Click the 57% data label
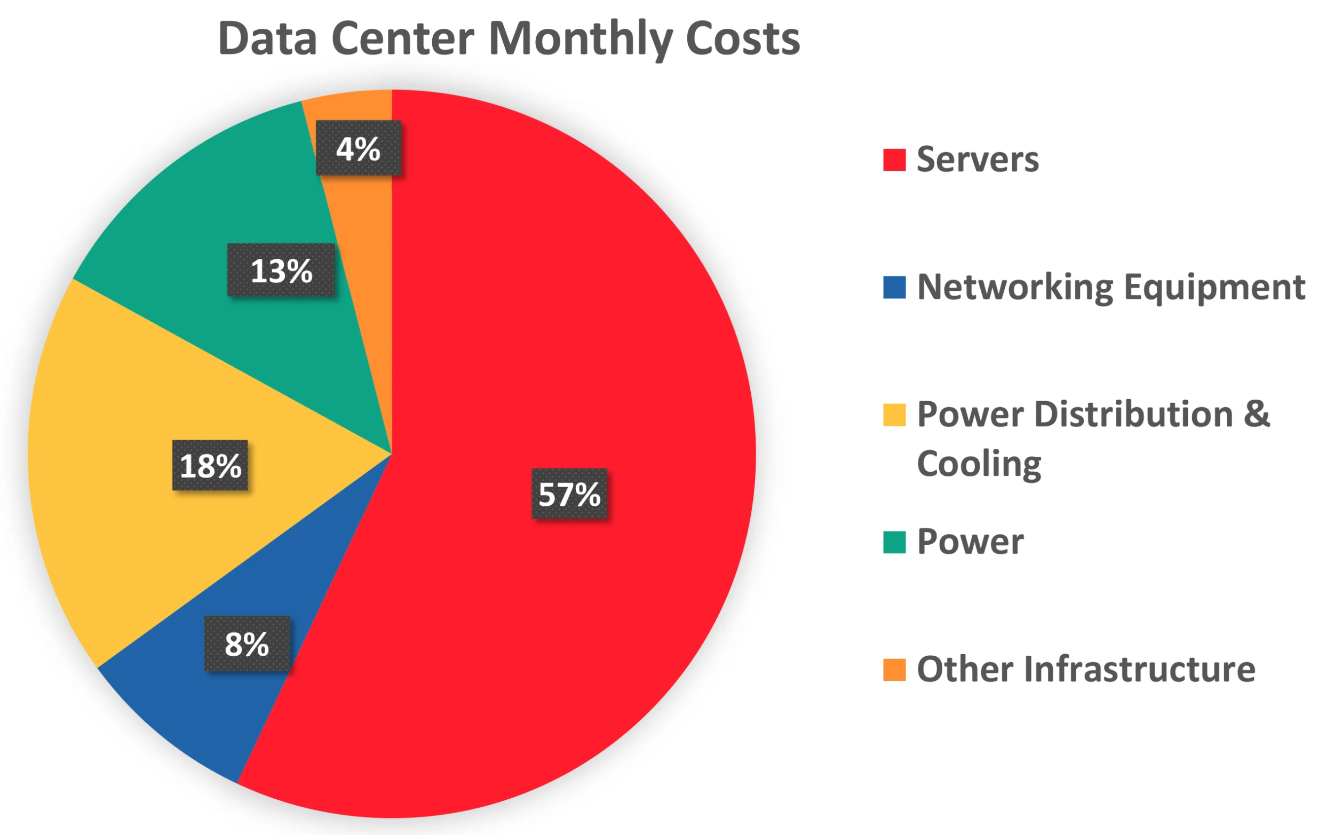(x=569, y=493)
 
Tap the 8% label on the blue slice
(x=247, y=643)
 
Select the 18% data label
(x=210, y=465)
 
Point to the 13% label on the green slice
(x=281, y=270)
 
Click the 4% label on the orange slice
(x=359, y=148)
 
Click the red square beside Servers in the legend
(x=894, y=160)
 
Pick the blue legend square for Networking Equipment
(x=894, y=287)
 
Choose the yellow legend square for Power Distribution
(x=894, y=415)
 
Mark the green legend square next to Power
(x=894, y=542)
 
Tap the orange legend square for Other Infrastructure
(x=894, y=669)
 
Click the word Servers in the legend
(x=978, y=160)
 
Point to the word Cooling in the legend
(x=979, y=463)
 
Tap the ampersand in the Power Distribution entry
(x=1257, y=413)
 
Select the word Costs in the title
(x=742, y=38)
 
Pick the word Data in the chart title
(x=268, y=38)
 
